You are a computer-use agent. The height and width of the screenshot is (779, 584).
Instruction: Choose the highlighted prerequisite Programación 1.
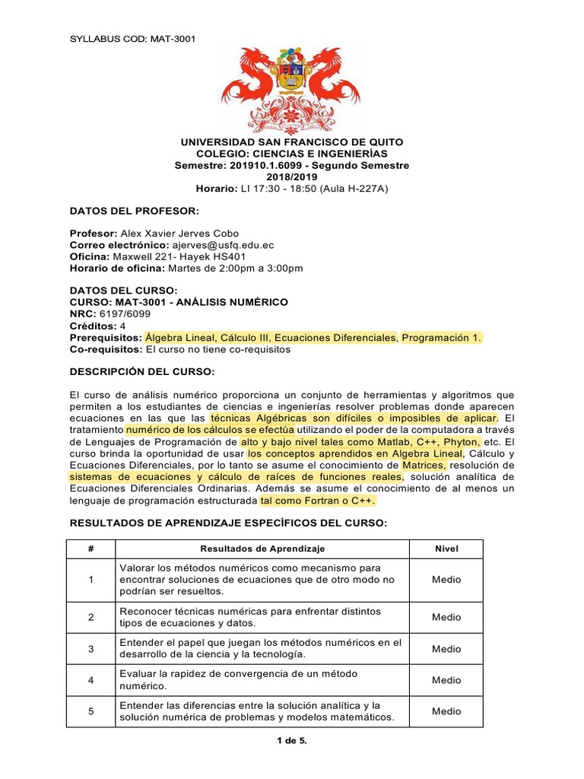(442, 337)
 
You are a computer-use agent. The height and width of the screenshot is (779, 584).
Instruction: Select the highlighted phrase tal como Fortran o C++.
(318, 501)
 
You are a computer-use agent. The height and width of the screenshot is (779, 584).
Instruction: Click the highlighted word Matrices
(425, 465)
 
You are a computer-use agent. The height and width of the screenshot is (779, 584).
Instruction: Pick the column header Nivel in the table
(446, 548)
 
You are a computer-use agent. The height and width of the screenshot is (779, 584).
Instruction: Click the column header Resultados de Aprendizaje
(262, 548)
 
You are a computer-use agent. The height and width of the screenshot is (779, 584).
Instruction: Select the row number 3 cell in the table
(90, 649)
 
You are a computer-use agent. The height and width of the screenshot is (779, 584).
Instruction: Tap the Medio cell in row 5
(446, 711)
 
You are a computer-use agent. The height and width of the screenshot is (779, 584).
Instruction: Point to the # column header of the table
(90, 548)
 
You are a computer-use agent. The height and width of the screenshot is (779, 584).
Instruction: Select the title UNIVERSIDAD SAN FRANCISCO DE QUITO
(292, 142)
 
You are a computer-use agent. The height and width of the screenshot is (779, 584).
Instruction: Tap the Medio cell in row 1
(446, 580)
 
